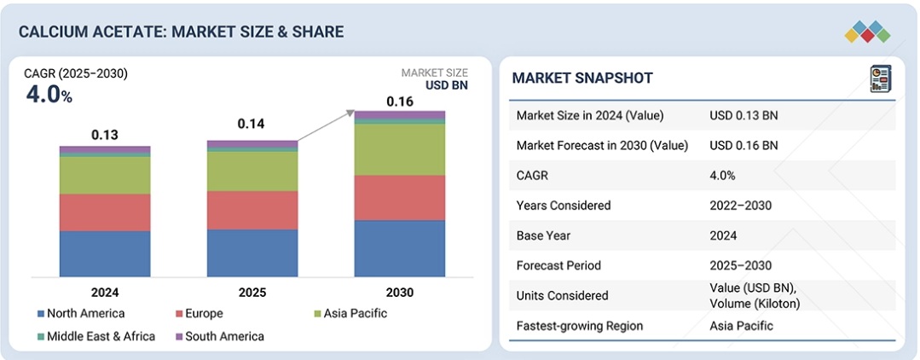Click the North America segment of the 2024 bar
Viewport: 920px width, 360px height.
click(x=104, y=253)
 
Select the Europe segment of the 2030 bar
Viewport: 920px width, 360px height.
click(x=399, y=198)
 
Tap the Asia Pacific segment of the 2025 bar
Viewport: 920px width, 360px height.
click(x=252, y=171)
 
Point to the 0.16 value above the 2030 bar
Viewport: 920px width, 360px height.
click(x=400, y=102)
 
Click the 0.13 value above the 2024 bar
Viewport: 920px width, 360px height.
click(x=105, y=136)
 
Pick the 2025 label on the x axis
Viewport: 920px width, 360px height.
click(x=252, y=293)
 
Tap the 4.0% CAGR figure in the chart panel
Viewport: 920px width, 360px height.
click(x=49, y=95)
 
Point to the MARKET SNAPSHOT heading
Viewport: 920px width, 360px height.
click(x=582, y=78)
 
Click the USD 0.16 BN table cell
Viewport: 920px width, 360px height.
click(x=744, y=145)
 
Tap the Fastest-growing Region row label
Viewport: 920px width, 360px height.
click(x=580, y=326)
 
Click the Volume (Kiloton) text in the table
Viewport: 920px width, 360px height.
click(x=755, y=304)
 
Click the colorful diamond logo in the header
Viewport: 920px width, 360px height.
click(x=867, y=32)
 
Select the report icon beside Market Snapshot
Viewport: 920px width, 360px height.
click(x=880, y=79)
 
